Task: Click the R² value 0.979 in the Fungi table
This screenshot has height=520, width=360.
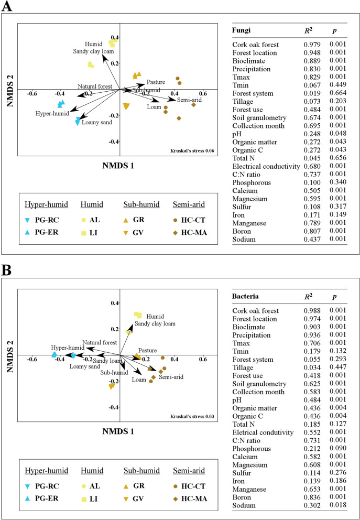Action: point(313,45)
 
